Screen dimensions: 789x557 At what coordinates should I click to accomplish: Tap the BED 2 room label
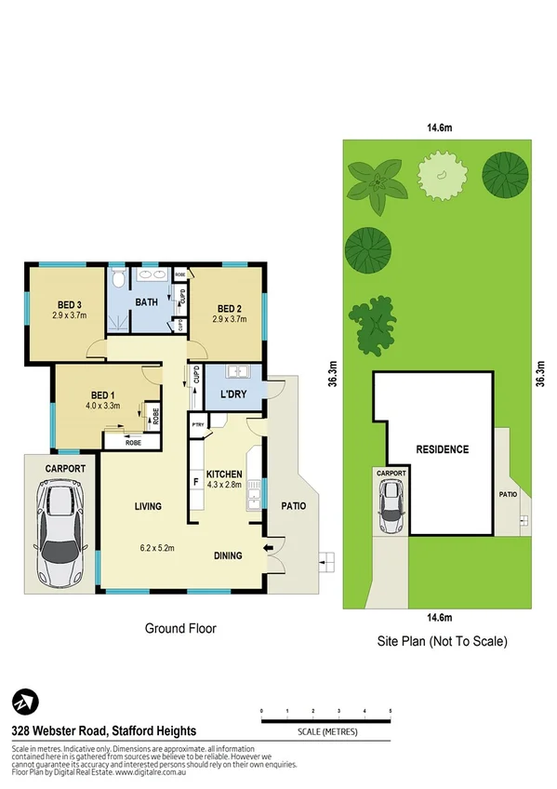click(230, 309)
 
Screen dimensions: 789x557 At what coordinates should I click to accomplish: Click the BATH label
click(147, 302)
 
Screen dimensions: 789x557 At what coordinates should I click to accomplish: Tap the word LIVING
click(147, 507)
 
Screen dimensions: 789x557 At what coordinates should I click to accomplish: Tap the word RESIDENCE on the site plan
click(442, 449)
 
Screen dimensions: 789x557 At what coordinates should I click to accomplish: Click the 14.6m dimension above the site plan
click(434, 130)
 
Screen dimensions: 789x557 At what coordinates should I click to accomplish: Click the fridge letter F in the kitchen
click(196, 482)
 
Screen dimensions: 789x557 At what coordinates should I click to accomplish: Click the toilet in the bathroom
click(117, 278)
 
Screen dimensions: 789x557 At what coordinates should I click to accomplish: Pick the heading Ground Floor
click(180, 629)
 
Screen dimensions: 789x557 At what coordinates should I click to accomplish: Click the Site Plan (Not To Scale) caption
click(442, 642)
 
